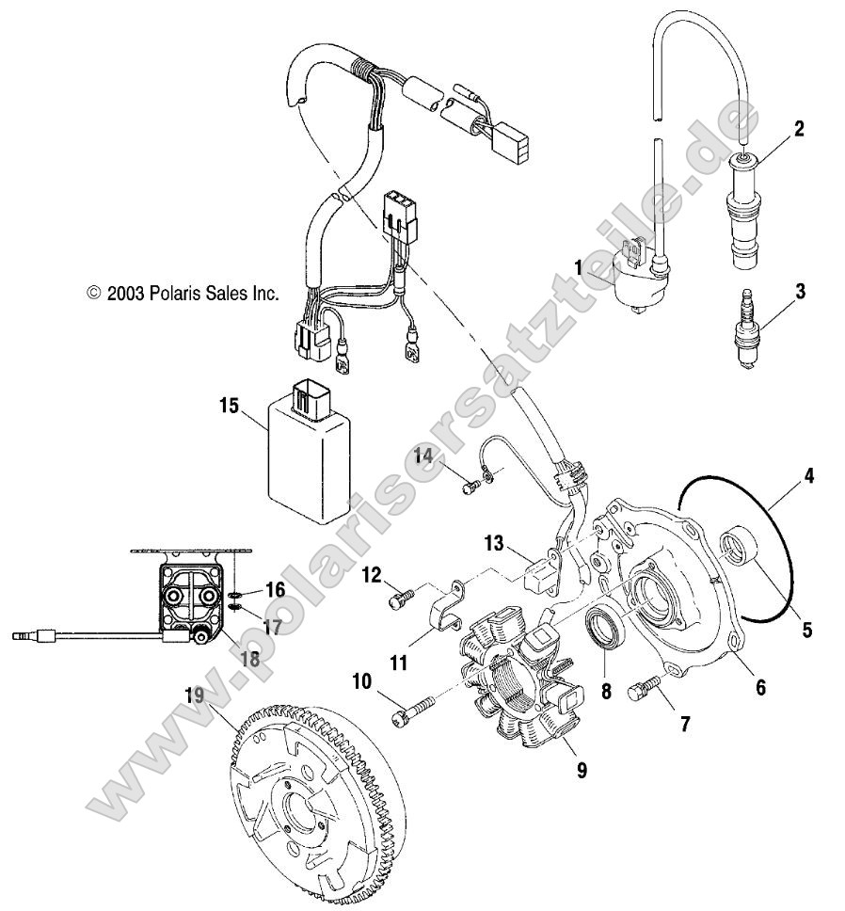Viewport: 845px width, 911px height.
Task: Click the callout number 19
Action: (x=195, y=697)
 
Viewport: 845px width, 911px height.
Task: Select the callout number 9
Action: (x=582, y=770)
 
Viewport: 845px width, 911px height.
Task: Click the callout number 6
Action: (x=759, y=688)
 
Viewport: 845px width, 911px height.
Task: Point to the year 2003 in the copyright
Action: (x=124, y=294)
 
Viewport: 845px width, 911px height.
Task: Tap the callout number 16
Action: (x=275, y=590)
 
